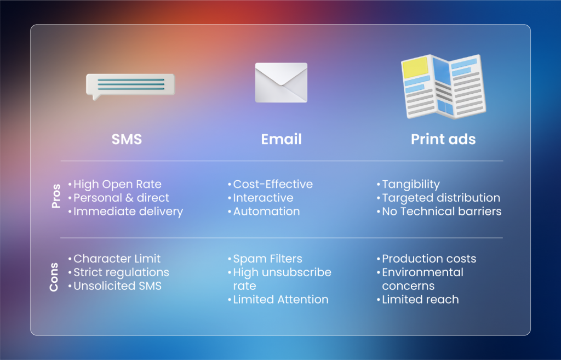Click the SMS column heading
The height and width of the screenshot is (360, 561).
pos(127,139)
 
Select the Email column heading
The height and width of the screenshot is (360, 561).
pos(281,139)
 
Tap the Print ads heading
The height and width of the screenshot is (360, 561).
pos(443,139)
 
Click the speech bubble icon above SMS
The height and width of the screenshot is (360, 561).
pos(130,86)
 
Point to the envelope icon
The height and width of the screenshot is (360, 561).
pos(281,83)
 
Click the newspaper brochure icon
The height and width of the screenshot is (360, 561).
pos(444,87)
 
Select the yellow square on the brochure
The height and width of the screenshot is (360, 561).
pos(415,67)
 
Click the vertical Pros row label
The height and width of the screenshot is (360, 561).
pos(56,196)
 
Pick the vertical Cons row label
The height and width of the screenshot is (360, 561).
pos(54,277)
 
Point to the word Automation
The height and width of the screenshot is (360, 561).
pos(267,212)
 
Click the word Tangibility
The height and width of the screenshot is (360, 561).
pos(411,184)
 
